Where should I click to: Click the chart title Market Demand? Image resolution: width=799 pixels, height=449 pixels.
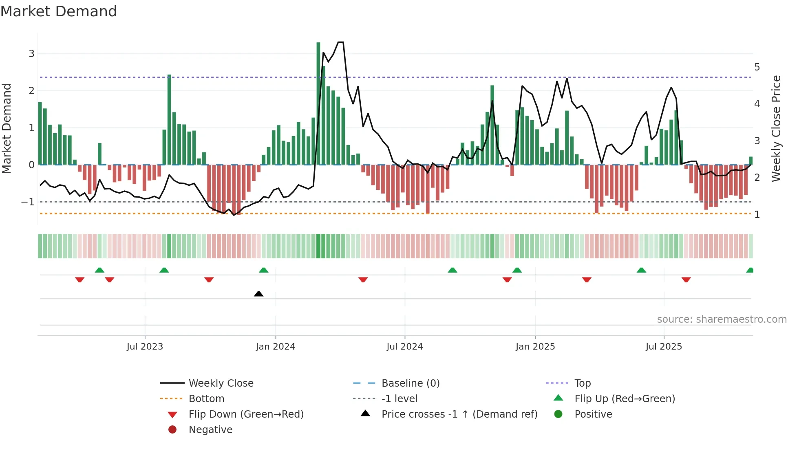59,11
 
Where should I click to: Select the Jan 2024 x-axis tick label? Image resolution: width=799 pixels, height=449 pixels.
275,347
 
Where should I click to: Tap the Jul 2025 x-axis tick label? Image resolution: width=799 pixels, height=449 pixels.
663,347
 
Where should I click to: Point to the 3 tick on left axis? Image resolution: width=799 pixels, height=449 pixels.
31,54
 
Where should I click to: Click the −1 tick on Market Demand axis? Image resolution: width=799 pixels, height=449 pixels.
28,202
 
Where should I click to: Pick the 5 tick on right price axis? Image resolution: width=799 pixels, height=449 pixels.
757,67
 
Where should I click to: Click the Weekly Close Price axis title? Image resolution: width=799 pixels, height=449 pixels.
776,128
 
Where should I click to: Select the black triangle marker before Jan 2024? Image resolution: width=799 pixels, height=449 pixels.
258,294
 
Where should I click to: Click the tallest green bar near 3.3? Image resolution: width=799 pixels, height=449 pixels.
318,102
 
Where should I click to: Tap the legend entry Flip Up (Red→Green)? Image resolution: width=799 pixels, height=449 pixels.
625,399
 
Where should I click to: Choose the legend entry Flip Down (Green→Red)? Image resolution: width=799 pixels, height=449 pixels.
246,414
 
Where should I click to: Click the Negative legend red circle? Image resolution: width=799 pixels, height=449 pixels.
172,430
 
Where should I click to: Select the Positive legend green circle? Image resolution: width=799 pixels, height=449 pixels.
558,414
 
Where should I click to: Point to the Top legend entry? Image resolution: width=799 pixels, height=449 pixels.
583,383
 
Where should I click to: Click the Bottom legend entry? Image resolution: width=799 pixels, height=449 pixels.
206,399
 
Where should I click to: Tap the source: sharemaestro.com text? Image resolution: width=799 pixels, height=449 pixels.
722,319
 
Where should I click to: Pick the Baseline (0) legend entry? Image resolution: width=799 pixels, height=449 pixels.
410,383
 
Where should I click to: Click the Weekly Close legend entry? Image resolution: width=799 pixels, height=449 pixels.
221,383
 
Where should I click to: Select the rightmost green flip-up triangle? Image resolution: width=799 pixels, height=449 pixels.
750,270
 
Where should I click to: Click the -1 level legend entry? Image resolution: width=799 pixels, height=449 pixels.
399,399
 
